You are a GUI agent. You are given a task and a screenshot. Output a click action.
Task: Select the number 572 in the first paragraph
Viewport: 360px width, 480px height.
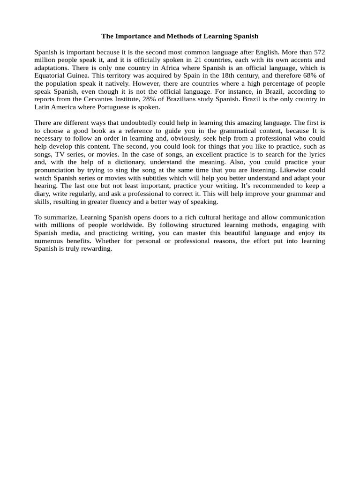tap(319, 52)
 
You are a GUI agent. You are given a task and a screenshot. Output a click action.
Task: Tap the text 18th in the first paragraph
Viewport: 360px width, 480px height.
tap(233, 75)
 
